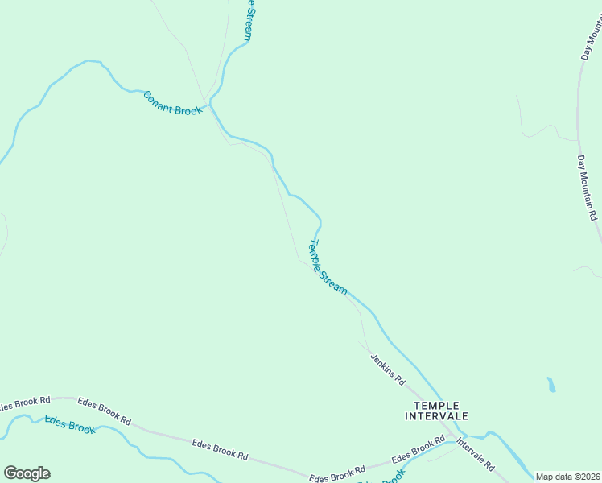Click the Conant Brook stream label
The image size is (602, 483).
[172, 103]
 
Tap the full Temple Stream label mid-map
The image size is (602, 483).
[328, 266]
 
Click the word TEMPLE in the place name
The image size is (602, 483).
[435, 405]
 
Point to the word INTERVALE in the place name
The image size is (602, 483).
[435, 416]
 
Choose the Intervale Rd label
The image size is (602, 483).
[475, 455]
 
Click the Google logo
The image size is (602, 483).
[27, 473]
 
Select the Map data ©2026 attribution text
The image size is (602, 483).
[568, 477]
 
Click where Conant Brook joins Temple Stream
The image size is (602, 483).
[211, 103]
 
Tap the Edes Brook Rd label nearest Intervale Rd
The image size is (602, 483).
[418, 451]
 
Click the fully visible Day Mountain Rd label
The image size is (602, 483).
[587, 188]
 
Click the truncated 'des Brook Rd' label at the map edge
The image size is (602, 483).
[25, 402]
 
